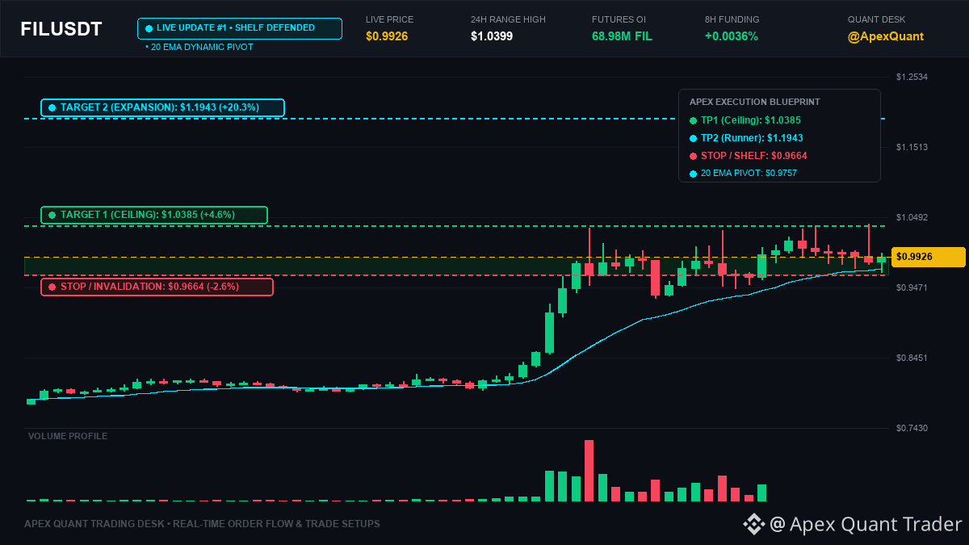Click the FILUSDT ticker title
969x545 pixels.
[x=61, y=29]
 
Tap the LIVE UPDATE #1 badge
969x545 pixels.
[x=240, y=28]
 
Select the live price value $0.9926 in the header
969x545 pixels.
[x=387, y=36]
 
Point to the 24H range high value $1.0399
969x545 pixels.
[x=492, y=36]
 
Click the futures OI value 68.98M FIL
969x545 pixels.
[x=622, y=36]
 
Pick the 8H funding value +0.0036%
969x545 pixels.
[x=732, y=36]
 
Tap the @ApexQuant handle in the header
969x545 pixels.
[x=886, y=36]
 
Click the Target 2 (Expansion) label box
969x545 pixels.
[x=162, y=107]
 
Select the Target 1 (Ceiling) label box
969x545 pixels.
[x=154, y=215]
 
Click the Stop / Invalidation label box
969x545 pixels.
[x=157, y=287]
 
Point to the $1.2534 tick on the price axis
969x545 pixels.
[x=912, y=77]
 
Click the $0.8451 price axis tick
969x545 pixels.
[x=912, y=358]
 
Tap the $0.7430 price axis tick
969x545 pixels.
[x=912, y=428]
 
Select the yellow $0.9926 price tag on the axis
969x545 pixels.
[x=929, y=257]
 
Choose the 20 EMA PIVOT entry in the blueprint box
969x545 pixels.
[x=743, y=173]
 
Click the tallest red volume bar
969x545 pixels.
[x=589, y=471]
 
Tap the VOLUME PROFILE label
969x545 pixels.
[x=68, y=436]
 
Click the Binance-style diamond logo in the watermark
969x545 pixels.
[x=754, y=524]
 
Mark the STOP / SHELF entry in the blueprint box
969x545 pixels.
[x=749, y=156]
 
